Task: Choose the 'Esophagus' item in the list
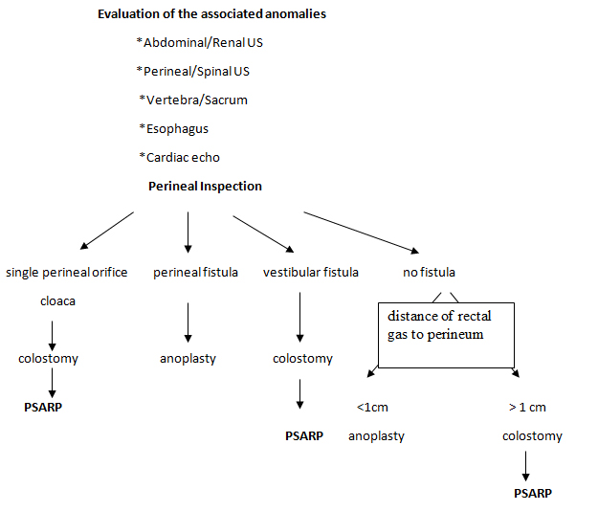click(173, 128)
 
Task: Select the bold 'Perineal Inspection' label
click(205, 186)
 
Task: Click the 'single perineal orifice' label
click(67, 273)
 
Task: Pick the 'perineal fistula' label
click(196, 273)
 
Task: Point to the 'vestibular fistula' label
click(311, 273)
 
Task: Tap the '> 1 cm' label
click(527, 408)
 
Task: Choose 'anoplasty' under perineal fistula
click(188, 359)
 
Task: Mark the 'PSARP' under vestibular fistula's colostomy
click(304, 435)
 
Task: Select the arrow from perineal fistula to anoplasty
click(188, 322)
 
